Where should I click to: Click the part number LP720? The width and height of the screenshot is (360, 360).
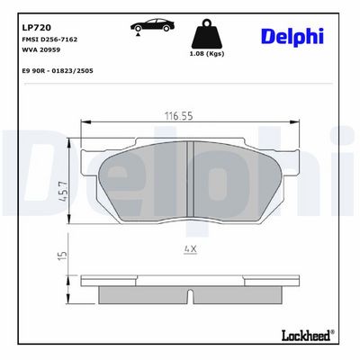(x=37, y=28)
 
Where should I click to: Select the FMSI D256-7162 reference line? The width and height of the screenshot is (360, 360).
(x=49, y=40)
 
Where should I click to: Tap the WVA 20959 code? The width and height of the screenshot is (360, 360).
(x=41, y=49)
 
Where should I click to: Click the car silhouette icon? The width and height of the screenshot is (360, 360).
(x=152, y=25)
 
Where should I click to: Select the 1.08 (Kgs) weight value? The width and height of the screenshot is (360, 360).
(x=207, y=54)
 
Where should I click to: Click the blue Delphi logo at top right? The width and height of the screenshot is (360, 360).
(x=292, y=37)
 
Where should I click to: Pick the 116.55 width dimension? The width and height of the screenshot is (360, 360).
(x=179, y=116)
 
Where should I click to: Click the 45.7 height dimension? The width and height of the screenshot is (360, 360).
(x=64, y=192)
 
